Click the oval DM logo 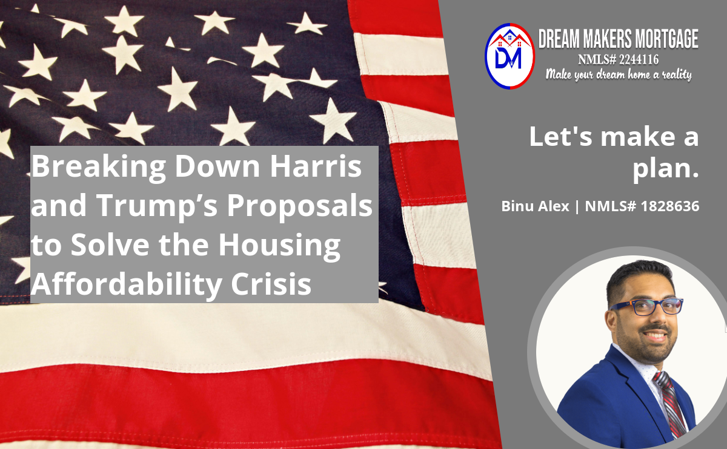pos(510,56)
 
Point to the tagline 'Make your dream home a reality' pos(619,74)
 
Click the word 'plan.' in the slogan pos(665,169)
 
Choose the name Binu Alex pos(535,206)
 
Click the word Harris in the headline pos(316,166)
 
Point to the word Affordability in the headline pos(126,285)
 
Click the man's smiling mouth pos(655,335)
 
